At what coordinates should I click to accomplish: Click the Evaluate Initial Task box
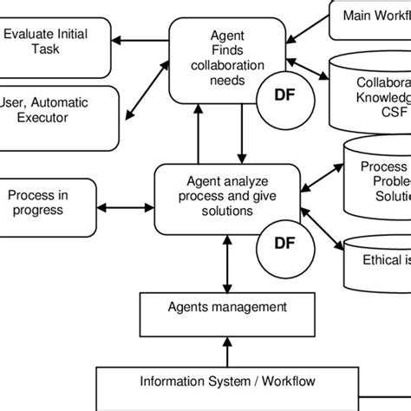(x=55, y=43)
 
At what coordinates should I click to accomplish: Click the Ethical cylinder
(x=374, y=260)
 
